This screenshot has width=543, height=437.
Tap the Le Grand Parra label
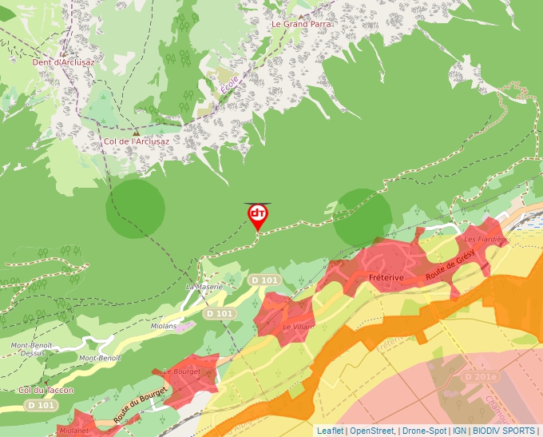click(301, 24)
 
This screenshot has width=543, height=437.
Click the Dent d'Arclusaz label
click(63, 62)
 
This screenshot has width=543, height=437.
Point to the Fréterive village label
click(386, 277)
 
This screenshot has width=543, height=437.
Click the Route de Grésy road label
click(450, 264)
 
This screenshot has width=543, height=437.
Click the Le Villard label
click(299, 327)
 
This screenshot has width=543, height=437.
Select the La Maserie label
click(202, 286)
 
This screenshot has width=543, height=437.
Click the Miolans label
click(164, 326)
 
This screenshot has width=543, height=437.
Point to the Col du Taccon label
click(46, 390)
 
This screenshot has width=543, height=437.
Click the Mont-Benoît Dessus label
click(32, 349)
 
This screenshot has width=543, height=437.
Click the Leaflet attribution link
click(330, 431)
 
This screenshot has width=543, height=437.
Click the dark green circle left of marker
click(136, 209)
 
